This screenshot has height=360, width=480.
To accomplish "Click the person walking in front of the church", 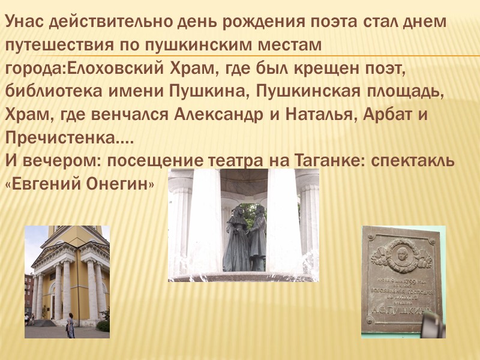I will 70,326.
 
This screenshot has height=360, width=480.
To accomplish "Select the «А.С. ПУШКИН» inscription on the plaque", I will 401,310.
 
